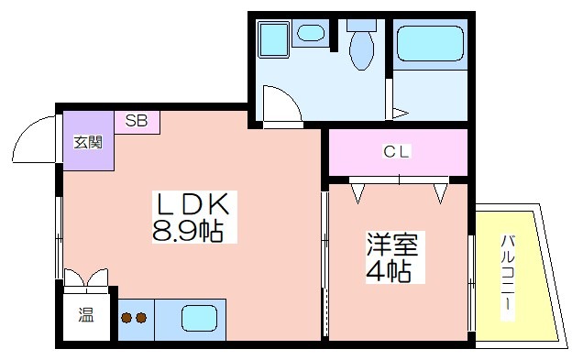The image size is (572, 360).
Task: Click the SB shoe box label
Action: [137, 121]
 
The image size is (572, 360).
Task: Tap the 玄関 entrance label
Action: [88, 142]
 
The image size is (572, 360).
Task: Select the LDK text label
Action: [193, 204]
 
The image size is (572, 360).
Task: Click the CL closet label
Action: [397, 151]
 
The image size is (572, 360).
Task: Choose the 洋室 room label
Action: [392, 245]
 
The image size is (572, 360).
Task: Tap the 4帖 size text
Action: [389, 271]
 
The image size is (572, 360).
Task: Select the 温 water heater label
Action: [86, 315]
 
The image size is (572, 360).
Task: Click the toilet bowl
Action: [361, 50]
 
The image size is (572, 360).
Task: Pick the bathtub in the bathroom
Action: [430, 43]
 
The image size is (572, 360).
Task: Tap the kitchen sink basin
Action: [199, 318]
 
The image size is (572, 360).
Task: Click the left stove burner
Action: [126, 318]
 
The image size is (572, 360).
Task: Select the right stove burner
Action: [141, 318]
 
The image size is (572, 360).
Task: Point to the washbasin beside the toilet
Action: [311, 33]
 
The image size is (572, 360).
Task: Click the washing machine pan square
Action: [273, 39]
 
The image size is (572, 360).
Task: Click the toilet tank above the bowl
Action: [361, 25]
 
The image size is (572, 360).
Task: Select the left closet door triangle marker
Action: [357, 193]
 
